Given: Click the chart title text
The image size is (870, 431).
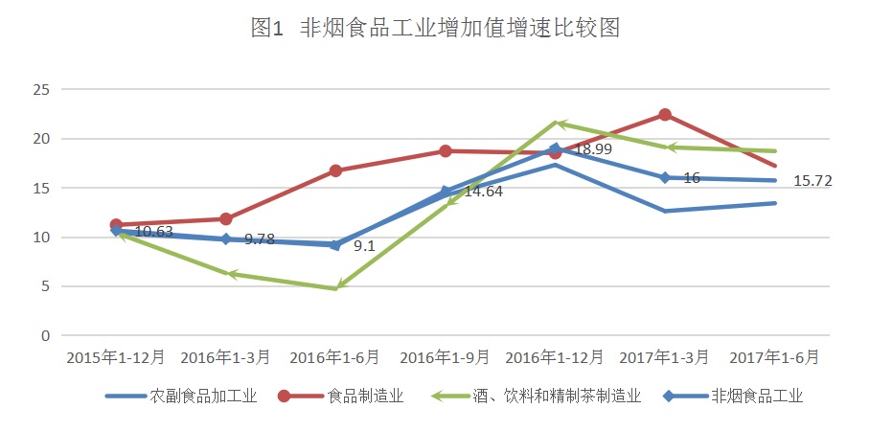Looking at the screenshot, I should (435, 29).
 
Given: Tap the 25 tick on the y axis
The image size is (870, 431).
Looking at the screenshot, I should (40, 90).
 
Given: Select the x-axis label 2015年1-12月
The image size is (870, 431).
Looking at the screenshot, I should (116, 357).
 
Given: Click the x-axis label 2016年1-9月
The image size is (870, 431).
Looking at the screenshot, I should (445, 357).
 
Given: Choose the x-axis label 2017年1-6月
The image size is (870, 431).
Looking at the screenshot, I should (774, 357).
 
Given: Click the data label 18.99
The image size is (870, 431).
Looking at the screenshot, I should (594, 149).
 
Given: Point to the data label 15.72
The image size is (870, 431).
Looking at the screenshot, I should (813, 181).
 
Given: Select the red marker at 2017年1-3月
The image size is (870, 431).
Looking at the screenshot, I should (664, 115).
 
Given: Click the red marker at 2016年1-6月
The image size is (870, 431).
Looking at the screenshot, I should (335, 170).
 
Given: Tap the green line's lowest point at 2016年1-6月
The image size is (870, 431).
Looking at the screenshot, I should (335, 288).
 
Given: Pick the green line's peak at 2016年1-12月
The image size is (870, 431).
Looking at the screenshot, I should (556, 123).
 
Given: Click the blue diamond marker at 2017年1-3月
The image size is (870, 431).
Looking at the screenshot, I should (664, 177).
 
